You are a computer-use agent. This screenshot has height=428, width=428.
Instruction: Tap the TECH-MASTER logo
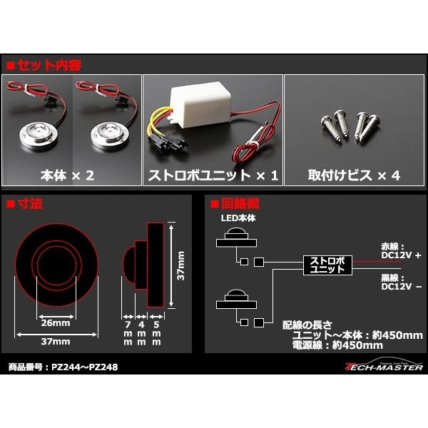coord(384,365)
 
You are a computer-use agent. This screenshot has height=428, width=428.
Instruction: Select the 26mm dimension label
coord(56,323)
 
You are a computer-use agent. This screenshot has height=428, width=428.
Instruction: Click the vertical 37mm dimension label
coord(180,265)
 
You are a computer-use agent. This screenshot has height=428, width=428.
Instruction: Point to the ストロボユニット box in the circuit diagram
coord(327,265)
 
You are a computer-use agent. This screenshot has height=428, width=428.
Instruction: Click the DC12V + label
coord(401,255)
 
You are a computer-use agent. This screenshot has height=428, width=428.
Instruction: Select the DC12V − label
coord(401,286)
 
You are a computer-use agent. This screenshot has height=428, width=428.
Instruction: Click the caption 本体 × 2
coord(67,175)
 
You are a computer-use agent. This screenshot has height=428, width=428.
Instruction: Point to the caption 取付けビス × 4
coord(354,175)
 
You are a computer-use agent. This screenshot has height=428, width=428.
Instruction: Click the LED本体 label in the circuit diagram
coord(238,218)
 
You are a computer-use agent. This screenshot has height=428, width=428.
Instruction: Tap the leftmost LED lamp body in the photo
coord(36,135)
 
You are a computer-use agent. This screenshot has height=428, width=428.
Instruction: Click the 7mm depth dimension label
coord(128,333)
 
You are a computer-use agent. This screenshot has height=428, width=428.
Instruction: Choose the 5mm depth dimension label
coord(156,333)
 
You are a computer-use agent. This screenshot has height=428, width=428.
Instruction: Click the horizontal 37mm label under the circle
coord(56,342)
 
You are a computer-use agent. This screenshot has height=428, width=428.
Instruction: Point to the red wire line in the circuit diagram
coord(377,262)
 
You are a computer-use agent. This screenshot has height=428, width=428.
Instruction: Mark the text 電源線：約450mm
coord(337,345)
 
